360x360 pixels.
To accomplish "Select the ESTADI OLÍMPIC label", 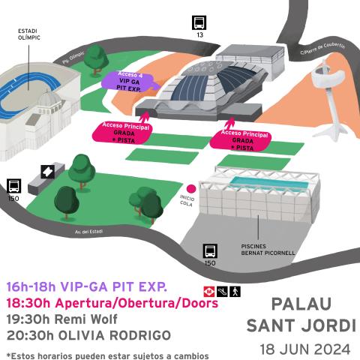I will click(29, 34).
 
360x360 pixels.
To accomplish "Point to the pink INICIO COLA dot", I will click(191, 189).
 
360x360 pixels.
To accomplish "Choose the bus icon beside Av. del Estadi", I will click(13, 187).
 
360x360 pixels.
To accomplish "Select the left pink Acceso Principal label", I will click(120, 132).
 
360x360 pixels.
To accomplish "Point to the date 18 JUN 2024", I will click(304, 349).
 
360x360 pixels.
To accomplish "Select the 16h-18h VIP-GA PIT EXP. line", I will click(86, 287).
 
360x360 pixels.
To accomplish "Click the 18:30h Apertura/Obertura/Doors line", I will click(112, 303).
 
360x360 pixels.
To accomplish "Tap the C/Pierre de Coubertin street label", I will click(322, 49).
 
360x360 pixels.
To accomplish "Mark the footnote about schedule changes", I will click(107, 354).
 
